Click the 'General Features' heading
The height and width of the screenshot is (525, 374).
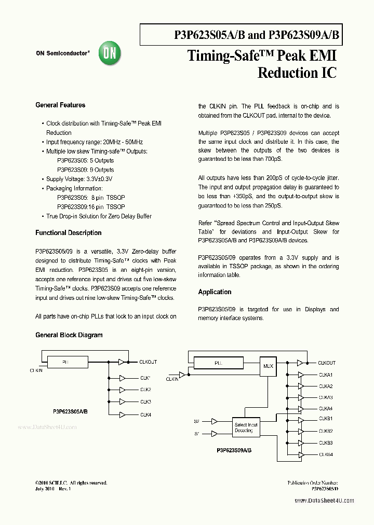click(x=60, y=105)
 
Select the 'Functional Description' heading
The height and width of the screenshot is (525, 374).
click(x=68, y=233)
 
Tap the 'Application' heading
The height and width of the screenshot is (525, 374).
click(x=215, y=292)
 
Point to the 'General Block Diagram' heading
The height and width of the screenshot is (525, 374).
click(x=69, y=335)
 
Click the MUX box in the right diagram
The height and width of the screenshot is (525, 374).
click(x=268, y=366)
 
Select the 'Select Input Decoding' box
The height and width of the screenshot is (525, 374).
click(x=246, y=427)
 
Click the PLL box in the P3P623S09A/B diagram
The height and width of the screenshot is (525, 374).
click(x=218, y=363)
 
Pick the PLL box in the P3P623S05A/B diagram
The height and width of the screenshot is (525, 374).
click(x=65, y=362)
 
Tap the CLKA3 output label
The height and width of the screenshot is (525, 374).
click(x=326, y=397)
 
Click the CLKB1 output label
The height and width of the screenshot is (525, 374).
click(x=326, y=419)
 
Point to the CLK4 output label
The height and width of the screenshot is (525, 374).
click(x=145, y=415)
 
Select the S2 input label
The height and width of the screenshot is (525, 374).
click(x=197, y=421)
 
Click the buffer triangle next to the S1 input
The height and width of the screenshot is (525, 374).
click(x=214, y=433)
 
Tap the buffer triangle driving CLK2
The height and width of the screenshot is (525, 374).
click(x=122, y=390)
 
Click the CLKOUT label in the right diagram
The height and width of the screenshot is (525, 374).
click(x=327, y=363)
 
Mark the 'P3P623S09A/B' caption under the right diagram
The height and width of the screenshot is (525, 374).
click(x=234, y=451)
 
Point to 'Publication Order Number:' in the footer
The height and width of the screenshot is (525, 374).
click(x=313, y=482)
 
